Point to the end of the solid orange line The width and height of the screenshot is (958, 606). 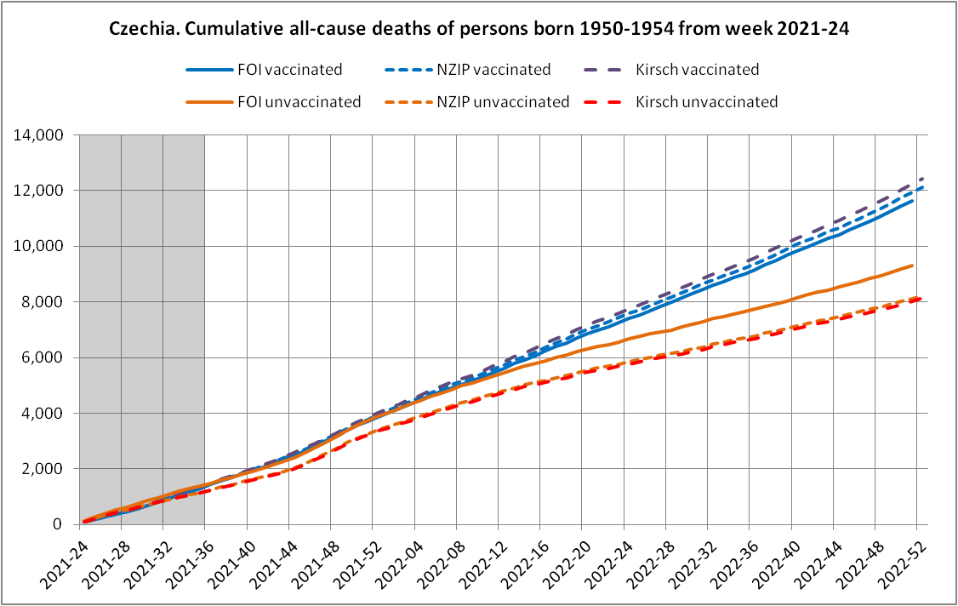click(x=913, y=266)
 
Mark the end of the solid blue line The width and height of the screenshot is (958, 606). click(x=913, y=201)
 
